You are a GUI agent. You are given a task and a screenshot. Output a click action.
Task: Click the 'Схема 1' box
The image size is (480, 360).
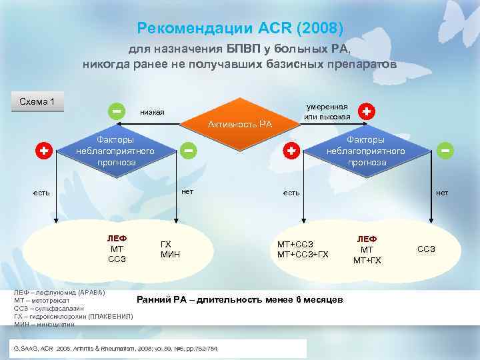coord(38,102)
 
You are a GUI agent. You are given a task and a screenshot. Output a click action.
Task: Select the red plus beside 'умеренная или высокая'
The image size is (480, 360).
coord(366,111)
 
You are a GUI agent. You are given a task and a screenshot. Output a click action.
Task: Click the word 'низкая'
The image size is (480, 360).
coord(152,112)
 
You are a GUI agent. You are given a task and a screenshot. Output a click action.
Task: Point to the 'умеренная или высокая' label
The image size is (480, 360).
coord(327,112)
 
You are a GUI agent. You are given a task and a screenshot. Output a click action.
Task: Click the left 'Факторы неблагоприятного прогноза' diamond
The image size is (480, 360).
coord(115,151)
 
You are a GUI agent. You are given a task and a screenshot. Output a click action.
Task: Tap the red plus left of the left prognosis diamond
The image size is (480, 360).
coord(43,151)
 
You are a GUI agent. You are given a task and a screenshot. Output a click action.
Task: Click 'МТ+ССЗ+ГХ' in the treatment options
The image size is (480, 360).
coord(303,254)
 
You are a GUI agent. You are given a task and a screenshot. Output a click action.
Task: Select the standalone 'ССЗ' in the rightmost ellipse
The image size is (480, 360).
coord(426,249)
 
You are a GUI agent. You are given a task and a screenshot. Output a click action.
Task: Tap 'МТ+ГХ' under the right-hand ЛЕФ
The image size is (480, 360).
coord(367,260)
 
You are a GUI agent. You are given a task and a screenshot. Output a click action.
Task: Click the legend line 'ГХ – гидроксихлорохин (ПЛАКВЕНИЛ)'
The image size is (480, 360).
coord(73,316)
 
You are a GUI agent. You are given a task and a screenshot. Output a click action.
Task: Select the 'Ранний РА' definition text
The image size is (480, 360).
coord(240,300)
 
